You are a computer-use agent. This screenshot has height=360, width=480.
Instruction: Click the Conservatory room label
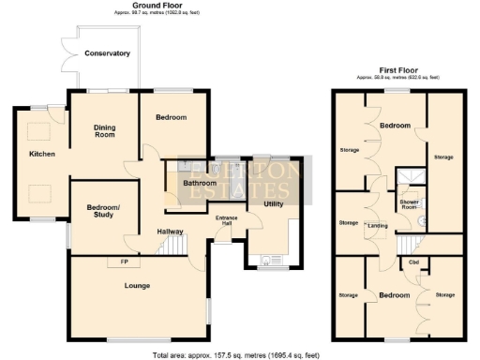click(x=107, y=53)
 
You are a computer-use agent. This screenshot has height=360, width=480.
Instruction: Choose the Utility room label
click(x=274, y=202)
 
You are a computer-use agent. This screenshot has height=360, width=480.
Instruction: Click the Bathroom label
click(x=199, y=183)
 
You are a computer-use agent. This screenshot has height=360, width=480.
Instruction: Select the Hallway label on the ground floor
click(x=170, y=232)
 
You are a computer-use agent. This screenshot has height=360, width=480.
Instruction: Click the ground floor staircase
click(x=194, y=247)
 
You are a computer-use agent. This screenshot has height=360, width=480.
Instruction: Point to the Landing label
click(x=379, y=226)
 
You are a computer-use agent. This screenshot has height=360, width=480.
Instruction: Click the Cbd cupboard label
click(x=413, y=262)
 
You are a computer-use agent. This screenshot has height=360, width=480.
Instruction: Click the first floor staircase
click(x=406, y=247)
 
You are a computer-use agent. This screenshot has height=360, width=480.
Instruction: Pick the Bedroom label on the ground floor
click(x=171, y=117)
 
